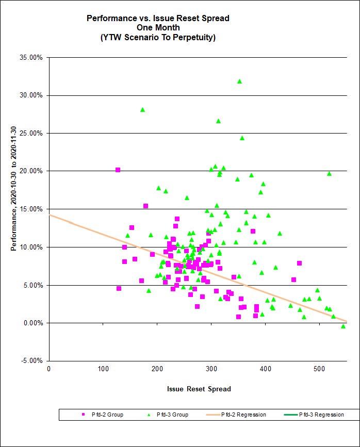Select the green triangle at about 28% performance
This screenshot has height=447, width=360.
click(142, 109)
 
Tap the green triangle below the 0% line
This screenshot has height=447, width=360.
click(343, 326)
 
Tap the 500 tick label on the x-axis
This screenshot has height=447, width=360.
click(319, 368)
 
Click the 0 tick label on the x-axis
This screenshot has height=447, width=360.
click(48, 368)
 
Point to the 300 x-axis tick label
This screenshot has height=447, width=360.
click(157, 368)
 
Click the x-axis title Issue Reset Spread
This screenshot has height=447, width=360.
click(199, 389)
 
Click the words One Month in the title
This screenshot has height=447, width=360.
click(157, 28)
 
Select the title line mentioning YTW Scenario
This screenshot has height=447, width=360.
click(157, 37)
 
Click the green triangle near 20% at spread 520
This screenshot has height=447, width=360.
click(329, 173)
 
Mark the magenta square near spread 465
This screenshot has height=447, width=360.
click(299, 263)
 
